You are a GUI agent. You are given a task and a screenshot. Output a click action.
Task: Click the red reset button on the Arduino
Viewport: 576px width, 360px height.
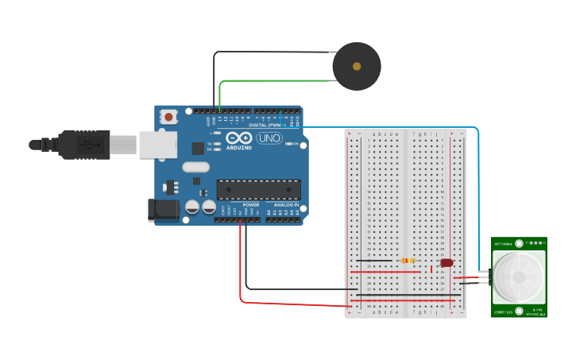coord(168,117)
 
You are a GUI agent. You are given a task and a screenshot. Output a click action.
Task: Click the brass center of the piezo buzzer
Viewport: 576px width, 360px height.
coord(357,67)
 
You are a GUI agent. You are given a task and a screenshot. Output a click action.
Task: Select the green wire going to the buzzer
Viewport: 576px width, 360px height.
coord(270,80)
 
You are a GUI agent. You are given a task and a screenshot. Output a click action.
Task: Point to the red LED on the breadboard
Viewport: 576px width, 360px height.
coord(446,262)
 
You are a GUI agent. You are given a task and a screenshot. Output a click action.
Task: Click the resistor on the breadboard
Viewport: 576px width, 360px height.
coord(408,260)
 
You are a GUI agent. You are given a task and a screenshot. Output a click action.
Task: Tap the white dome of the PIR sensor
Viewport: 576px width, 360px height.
coord(518,277)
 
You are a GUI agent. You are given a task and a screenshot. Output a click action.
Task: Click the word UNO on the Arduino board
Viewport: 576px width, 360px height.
coord(269,138)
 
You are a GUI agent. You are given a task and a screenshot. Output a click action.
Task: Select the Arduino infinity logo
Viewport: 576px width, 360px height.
coord(239,137)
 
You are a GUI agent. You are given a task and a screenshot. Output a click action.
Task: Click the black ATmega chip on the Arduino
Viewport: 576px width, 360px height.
coord(259,190)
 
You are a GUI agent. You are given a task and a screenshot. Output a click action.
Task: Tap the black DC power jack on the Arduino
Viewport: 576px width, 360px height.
coord(164,209)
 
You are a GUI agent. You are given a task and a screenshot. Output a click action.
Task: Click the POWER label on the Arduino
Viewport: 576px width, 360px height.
coord(250,204)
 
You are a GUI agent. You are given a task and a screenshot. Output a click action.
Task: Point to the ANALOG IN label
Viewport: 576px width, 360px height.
coord(285,204)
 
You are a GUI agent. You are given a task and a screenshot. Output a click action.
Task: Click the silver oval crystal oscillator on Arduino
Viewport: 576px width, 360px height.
coord(195,167)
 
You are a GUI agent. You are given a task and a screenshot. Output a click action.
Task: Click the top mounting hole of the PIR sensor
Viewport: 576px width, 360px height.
coord(519,243)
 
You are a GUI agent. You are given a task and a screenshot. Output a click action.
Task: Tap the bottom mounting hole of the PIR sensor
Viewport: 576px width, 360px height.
coord(519,312)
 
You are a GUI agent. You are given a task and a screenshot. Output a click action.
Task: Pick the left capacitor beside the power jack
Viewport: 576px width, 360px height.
coord(192,207)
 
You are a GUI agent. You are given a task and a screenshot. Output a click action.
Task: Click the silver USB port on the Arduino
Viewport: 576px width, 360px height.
coord(157,144)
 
